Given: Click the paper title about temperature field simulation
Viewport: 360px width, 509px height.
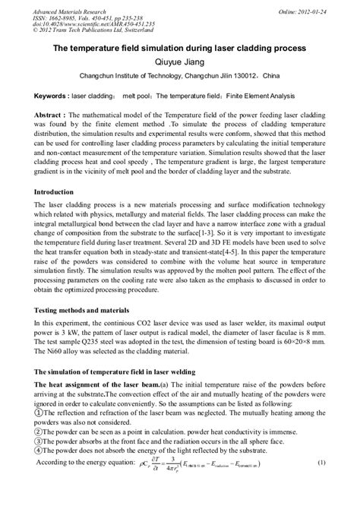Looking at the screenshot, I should tap(179, 48).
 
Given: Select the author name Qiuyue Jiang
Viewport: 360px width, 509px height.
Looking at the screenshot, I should tap(180, 62).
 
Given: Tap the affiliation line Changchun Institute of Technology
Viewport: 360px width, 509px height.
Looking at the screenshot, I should tap(180, 76).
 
